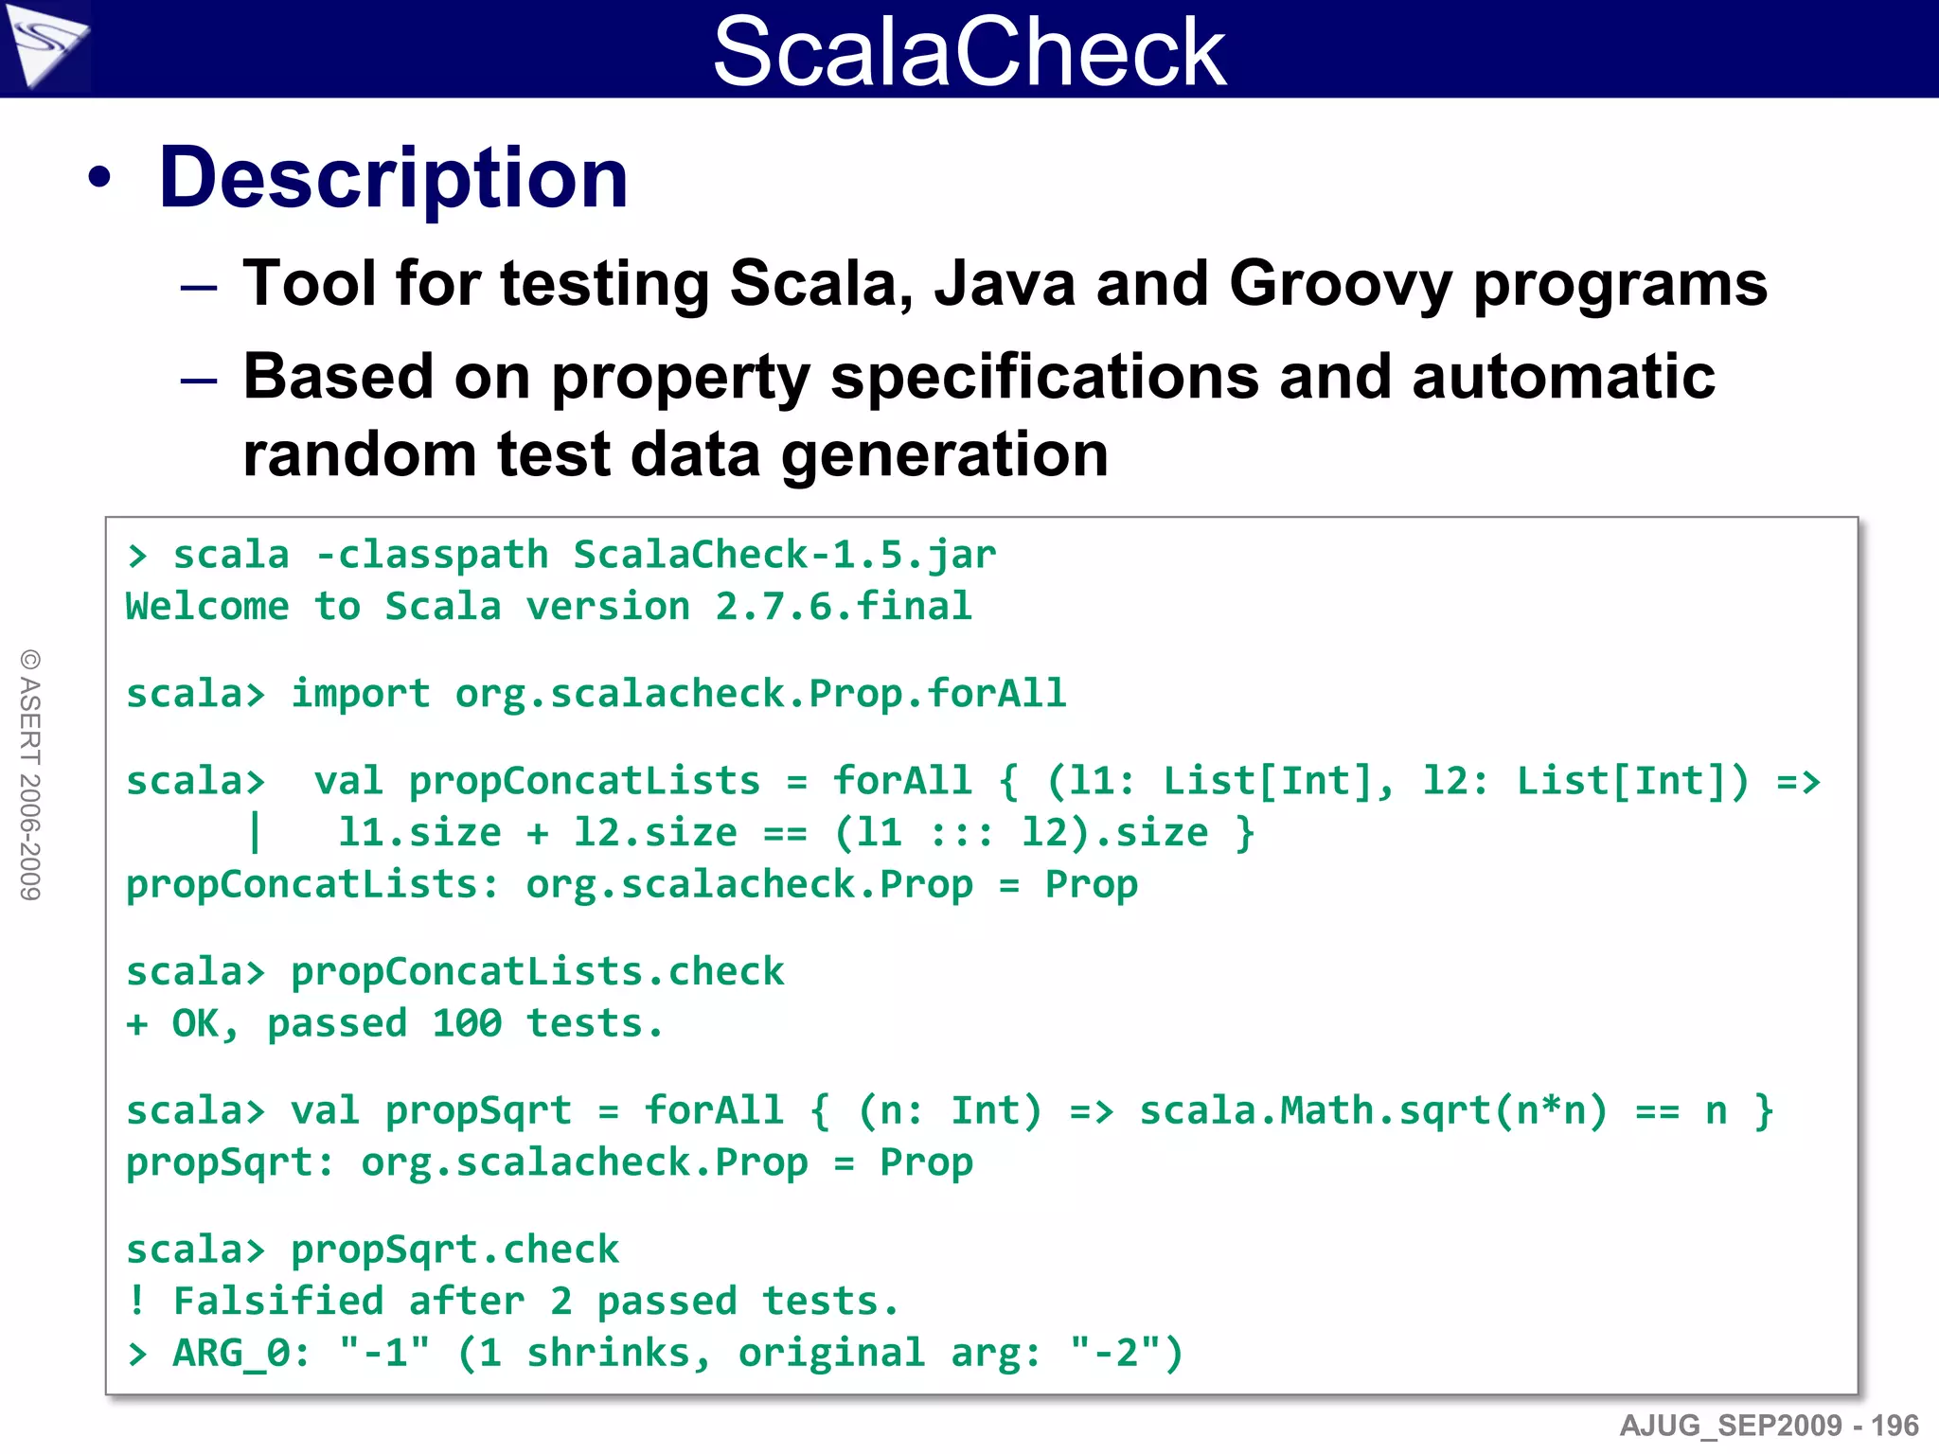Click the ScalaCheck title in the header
pyautogui.click(x=969, y=51)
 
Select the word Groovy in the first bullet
pyautogui.click(x=1340, y=284)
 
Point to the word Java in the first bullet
pyautogui.click(x=1005, y=284)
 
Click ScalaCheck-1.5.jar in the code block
pyautogui.click(x=784, y=555)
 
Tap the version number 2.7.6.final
pyautogui.click(x=843, y=607)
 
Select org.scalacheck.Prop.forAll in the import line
pyautogui.click(x=760, y=694)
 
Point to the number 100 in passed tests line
pyautogui.click(x=467, y=1024)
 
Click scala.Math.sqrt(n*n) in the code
pyautogui.click(x=1373, y=1111)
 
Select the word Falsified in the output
pyautogui.click(x=278, y=1302)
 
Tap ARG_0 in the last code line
pyautogui.click(x=232, y=1354)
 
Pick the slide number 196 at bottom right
pyautogui.click(x=1895, y=1426)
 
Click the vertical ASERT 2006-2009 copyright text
pyautogui.click(x=30, y=774)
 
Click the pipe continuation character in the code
pyautogui.click(x=254, y=832)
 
